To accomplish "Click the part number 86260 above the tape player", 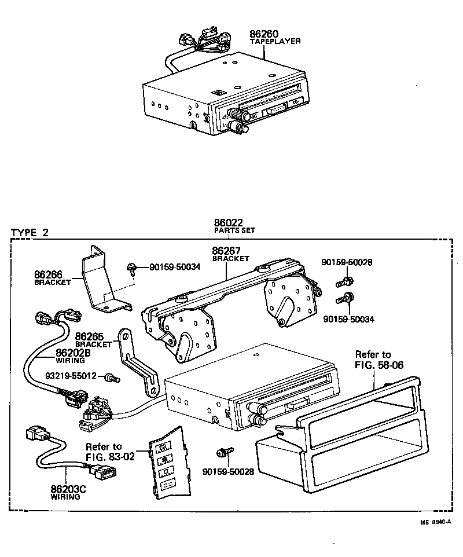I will (264, 34).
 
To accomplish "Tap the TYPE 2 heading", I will (30, 233).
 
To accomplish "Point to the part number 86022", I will (228, 222).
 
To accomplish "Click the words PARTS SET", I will (234, 230).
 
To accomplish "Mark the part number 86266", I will (49, 275).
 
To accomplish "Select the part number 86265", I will (90, 336).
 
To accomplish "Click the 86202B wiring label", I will (72, 353).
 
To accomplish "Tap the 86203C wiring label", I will (68, 489).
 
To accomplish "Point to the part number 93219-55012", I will (71, 376).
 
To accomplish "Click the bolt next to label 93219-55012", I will (112, 378).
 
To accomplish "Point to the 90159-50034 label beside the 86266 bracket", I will (174, 267).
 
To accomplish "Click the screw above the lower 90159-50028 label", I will (225, 451).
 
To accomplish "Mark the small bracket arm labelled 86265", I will (138, 365).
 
